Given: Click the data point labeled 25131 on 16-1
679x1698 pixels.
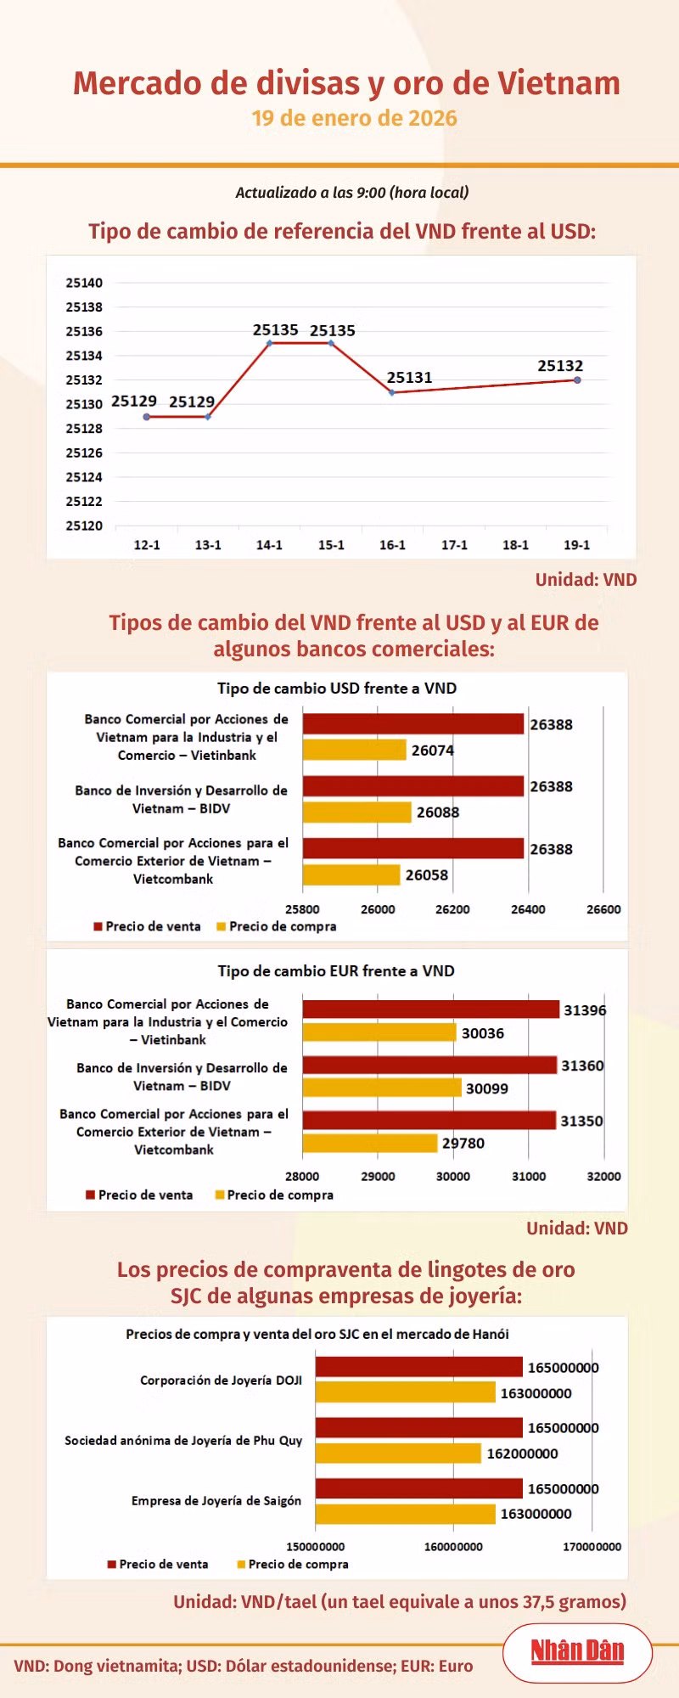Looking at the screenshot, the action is [392, 392].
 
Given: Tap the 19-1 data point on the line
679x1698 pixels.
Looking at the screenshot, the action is [577, 380].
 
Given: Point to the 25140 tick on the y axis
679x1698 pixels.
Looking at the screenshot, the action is [84, 283].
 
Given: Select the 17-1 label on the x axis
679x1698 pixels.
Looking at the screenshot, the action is [454, 545].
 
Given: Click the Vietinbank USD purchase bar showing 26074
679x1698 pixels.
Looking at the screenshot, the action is [355, 750].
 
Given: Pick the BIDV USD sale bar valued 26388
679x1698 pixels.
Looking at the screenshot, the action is [413, 786].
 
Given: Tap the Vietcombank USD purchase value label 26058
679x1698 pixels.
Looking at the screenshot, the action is [427, 875].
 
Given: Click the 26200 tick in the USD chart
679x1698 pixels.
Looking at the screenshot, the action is [452, 909].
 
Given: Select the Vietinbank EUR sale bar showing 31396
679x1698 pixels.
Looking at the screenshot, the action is [431, 1009].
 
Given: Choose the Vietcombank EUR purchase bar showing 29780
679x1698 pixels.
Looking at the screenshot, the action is [370, 1144].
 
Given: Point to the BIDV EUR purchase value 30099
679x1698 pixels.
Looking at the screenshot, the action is [487, 1088].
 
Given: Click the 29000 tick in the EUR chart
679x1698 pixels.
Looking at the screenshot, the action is [378, 1177].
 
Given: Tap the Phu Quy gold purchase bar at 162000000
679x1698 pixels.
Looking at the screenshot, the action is [398, 1453].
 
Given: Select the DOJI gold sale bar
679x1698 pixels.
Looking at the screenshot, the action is [419, 1367].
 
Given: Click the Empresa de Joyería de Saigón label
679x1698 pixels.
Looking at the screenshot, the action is [216, 1501].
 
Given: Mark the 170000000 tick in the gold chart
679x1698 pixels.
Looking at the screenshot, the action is [592, 1547].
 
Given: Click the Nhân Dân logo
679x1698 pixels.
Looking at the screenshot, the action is [577, 1651].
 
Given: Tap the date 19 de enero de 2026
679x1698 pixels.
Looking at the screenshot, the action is [354, 118].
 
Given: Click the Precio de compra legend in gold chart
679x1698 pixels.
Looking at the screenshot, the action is [293, 1564].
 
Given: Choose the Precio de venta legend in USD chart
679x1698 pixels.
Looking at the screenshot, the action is [148, 926].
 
